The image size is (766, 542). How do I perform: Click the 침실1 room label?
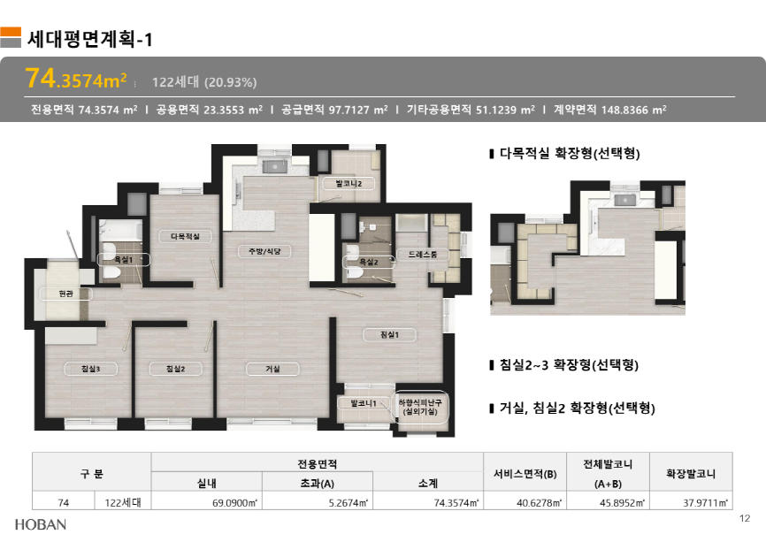pyautogui.click(x=389, y=334)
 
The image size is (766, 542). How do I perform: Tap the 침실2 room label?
pyautogui.click(x=175, y=369)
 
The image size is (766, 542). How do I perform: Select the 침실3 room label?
pyautogui.click(x=90, y=369)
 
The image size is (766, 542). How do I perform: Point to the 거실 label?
pyautogui.click(x=272, y=369)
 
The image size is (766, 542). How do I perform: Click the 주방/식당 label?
pyautogui.click(x=264, y=251)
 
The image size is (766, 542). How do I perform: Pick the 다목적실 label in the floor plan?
pyautogui.click(x=185, y=236)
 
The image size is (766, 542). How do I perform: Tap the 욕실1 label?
pyautogui.click(x=124, y=260)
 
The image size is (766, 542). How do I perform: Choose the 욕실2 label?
pyautogui.click(x=369, y=263)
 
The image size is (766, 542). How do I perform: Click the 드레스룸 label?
pyautogui.click(x=423, y=255)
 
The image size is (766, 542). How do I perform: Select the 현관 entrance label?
pyautogui.click(x=66, y=294)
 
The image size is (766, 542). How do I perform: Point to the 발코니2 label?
pyautogui.click(x=349, y=184)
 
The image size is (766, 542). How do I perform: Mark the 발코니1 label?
pyautogui.click(x=364, y=403)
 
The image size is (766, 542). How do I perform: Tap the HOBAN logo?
pyautogui.click(x=41, y=524)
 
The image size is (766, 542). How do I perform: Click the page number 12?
pyautogui.click(x=745, y=518)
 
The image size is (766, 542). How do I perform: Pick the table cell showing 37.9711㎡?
pyautogui.click(x=706, y=502)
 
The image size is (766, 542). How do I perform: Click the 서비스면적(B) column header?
pyautogui.click(x=525, y=474)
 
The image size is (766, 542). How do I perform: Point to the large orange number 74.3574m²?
pyautogui.click(x=76, y=78)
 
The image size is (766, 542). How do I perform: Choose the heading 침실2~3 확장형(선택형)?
pyautogui.click(x=569, y=365)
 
